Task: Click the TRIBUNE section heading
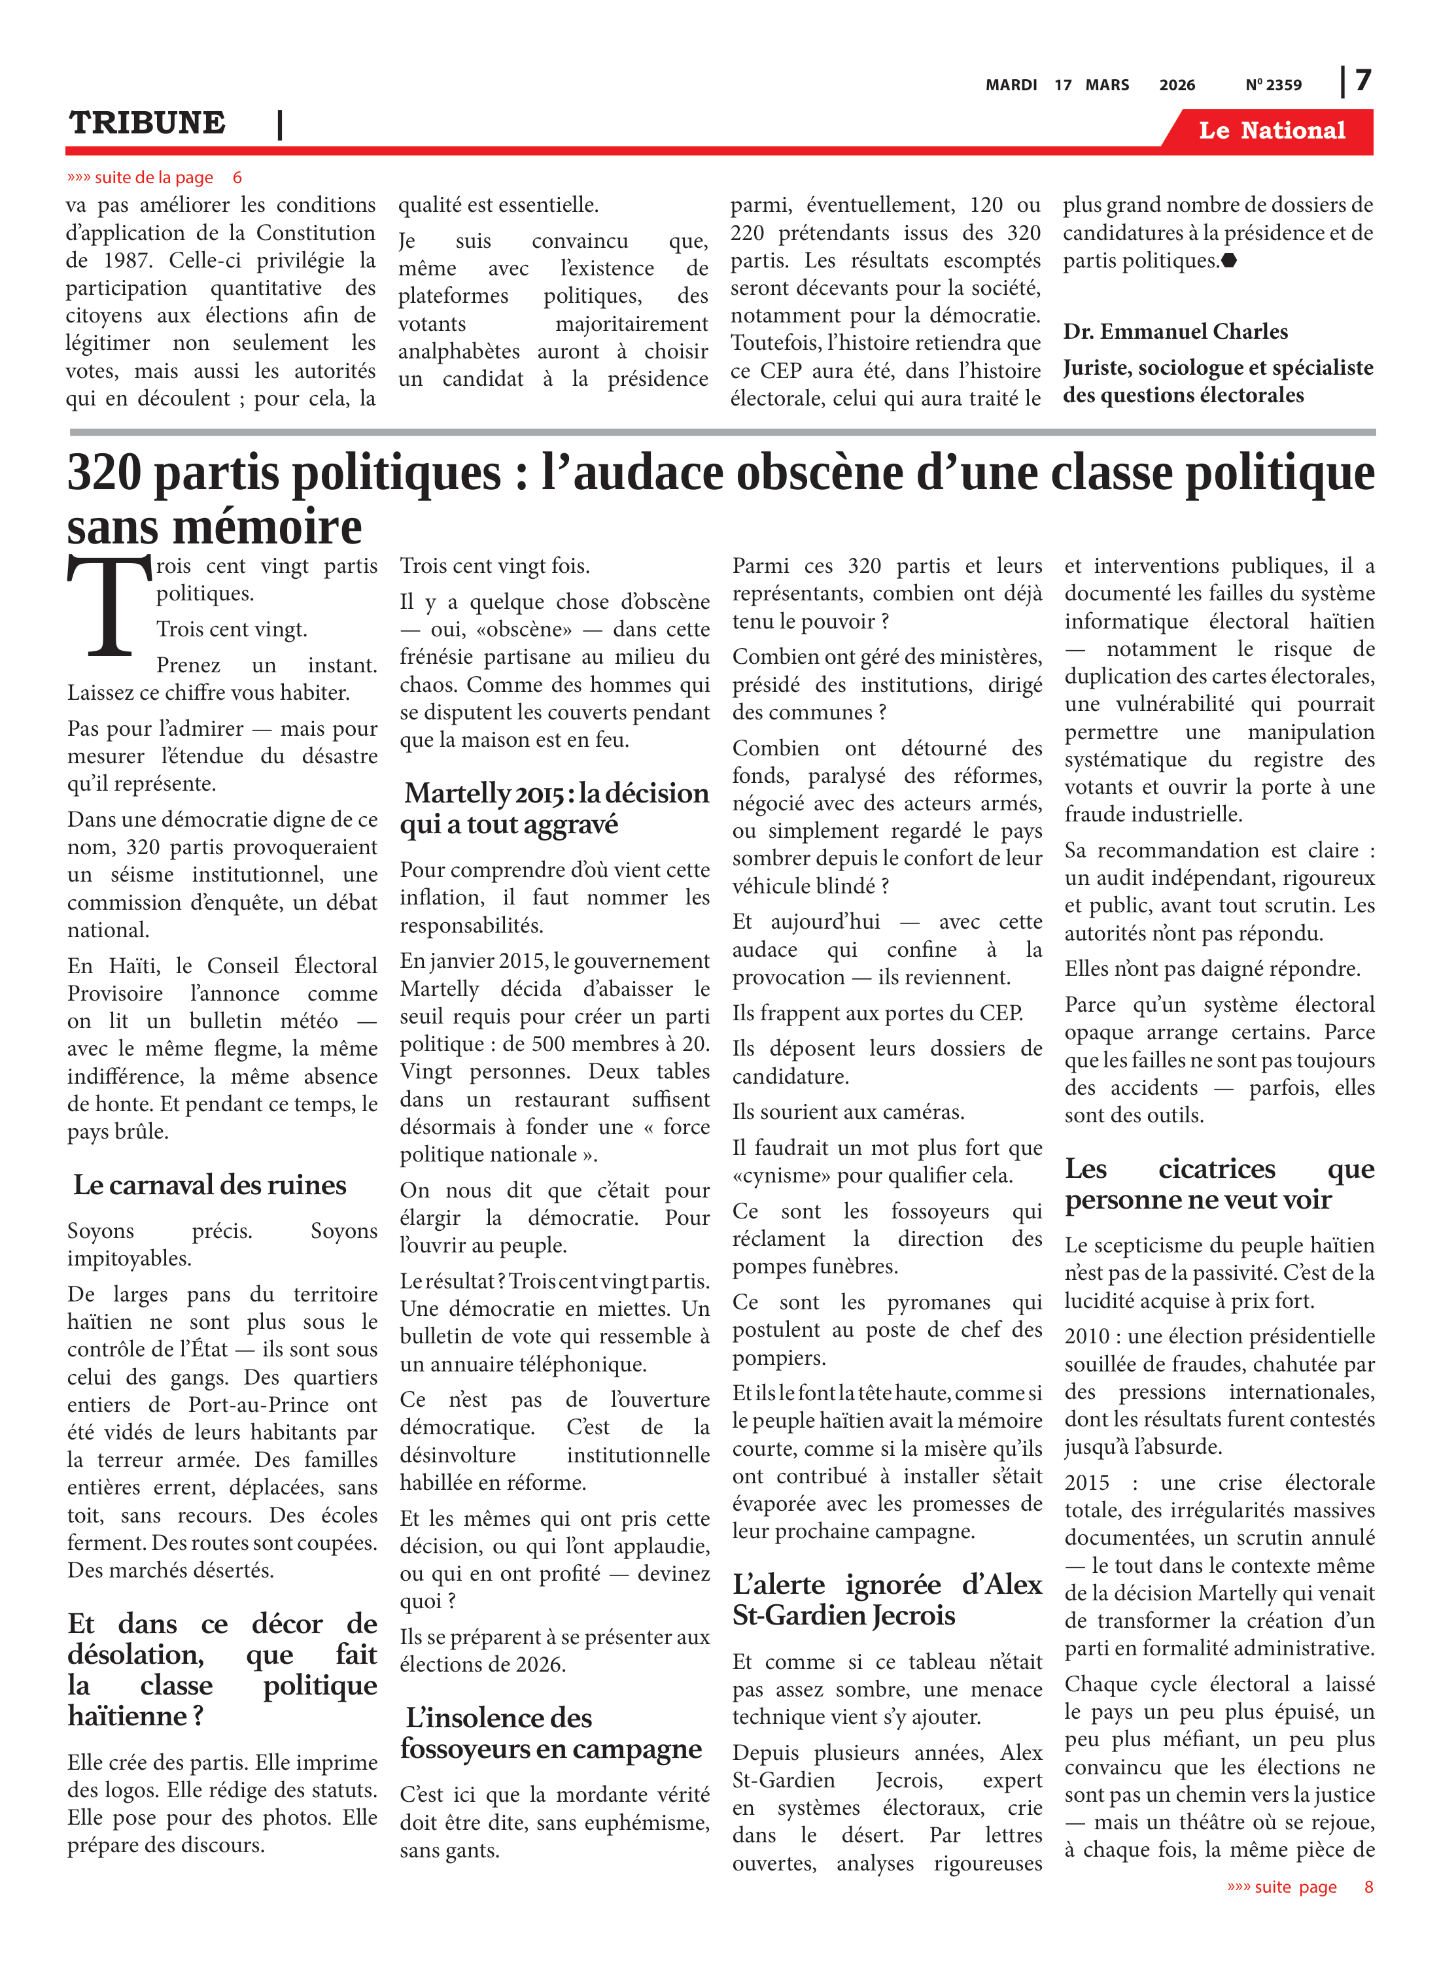pyautogui.click(x=147, y=123)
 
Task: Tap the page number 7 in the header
pyautogui.click(x=1363, y=80)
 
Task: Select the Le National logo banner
pyautogui.click(x=1271, y=131)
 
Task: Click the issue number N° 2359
pyautogui.click(x=1273, y=84)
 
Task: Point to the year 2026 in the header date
pyautogui.click(x=1177, y=84)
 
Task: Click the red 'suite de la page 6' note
pyautogui.click(x=154, y=178)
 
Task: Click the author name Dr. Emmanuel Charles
pyautogui.click(x=1174, y=332)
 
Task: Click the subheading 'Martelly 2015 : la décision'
pyautogui.click(x=556, y=793)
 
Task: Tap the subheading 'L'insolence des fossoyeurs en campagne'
pyautogui.click(x=551, y=1733)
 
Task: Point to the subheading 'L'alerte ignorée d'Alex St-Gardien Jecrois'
pyautogui.click(x=887, y=1600)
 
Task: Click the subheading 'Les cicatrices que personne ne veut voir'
pyautogui.click(x=1219, y=1184)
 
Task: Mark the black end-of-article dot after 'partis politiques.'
pyautogui.click(x=1229, y=260)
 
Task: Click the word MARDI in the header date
pyautogui.click(x=1011, y=84)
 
